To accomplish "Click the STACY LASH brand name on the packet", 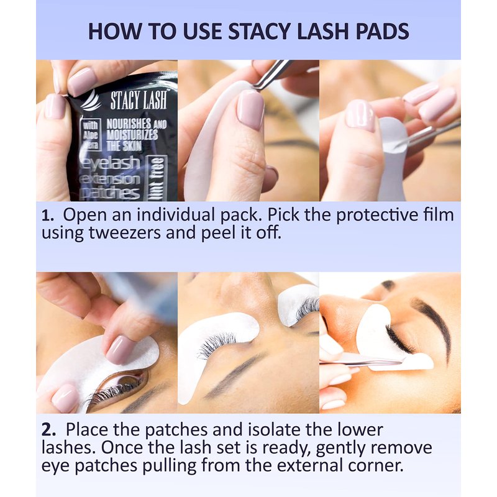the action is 138,99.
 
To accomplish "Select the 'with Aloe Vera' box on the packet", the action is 91,134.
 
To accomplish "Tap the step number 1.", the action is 48,216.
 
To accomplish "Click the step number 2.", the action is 48,431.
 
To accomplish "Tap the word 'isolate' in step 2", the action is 275,430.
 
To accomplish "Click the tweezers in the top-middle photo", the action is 273,75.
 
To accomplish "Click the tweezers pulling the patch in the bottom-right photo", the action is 362,362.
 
